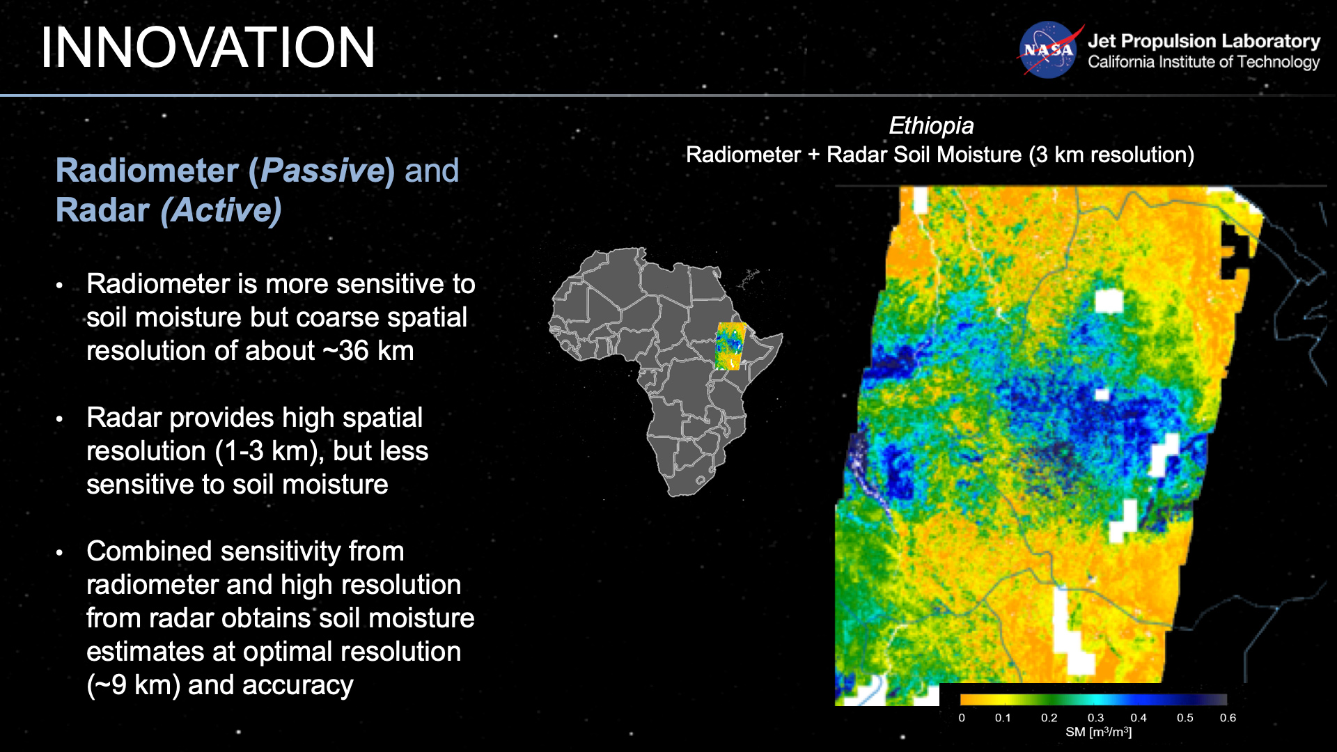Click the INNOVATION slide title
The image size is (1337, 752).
(x=208, y=47)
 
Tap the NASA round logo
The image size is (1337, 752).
(x=1048, y=50)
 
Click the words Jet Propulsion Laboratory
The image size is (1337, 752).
(x=1203, y=41)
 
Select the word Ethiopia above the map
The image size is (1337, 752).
(x=931, y=125)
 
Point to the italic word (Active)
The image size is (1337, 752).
(x=221, y=210)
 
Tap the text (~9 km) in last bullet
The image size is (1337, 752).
(x=133, y=685)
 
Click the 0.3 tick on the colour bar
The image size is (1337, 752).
(x=1095, y=717)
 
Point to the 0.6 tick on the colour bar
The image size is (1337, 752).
(x=1228, y=717)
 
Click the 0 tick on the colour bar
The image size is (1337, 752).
(x=962, y=717)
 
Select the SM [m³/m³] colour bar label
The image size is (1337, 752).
(x=1098, y=733)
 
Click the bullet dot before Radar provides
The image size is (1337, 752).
(x=60, y=419)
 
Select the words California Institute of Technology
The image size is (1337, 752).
(x=1203, y=62)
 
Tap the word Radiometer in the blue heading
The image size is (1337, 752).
(x=147, y=171)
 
